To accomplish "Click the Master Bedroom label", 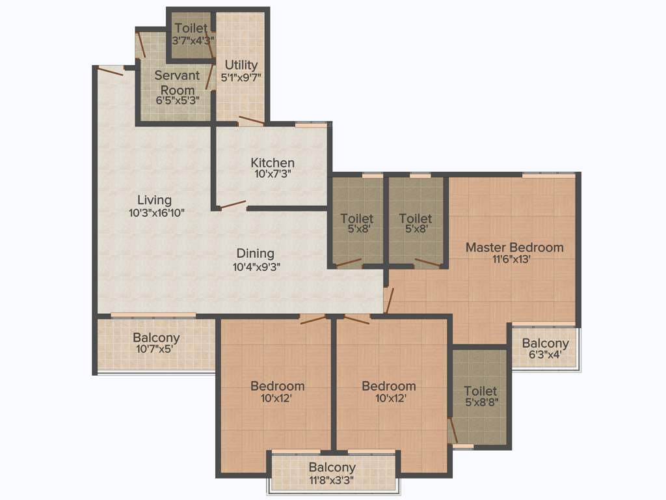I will tap(514, 247).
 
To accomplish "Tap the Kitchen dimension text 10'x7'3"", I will tap(273, 174).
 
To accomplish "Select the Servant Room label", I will tap(177, 82).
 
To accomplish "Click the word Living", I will tap(154, 200).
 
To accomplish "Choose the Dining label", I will tap(255, 253).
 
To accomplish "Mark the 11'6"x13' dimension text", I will tap(514, 260).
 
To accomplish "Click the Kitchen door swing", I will tap(232, 205).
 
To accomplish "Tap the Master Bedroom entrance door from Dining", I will tap(388, 299).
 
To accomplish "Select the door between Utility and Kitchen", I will tap(251, 120).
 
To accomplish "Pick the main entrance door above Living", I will tap(109, 70).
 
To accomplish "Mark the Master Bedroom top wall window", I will tap(548, 174).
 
